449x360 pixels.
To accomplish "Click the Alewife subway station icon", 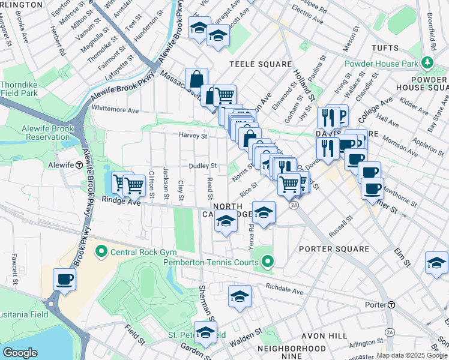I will [x=79, y=165].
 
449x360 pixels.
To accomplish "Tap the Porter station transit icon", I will [x=391, y=305].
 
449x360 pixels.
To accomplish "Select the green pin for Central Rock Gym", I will [x=101, y=250].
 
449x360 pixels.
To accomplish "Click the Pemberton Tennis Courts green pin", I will [x=268, y=261].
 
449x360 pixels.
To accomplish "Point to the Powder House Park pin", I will [x=427, y=62].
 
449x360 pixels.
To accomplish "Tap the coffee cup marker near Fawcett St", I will [x=64, y=279].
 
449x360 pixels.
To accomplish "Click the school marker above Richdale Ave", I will [x=240, y=296].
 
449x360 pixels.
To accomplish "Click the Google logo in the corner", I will [x=20, y=353].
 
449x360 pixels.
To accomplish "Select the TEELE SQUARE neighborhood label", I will [x=261, y=64].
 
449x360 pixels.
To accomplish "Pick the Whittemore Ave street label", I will [x=115, y=110].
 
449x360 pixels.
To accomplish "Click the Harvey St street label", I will [x=193, y=136].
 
